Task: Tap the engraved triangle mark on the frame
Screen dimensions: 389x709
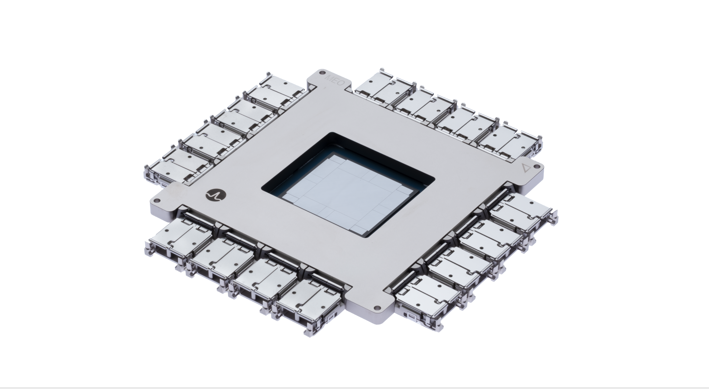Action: pos(526,168)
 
